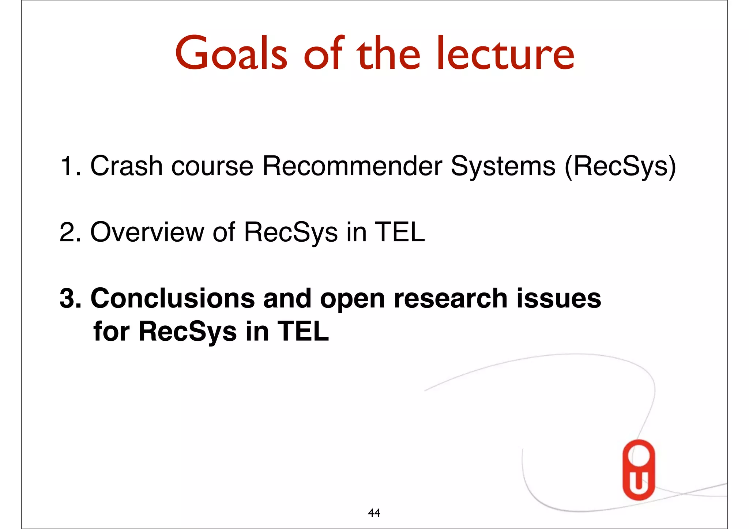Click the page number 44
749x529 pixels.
[x=374, y=513]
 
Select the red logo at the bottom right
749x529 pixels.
[x=639, y=470]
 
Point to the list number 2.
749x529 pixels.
[x=69, y=232]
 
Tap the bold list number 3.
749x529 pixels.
[x=70, y=298]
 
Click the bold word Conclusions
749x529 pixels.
[x=172, y=298]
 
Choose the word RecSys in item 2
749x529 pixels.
[x=291, y=233]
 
